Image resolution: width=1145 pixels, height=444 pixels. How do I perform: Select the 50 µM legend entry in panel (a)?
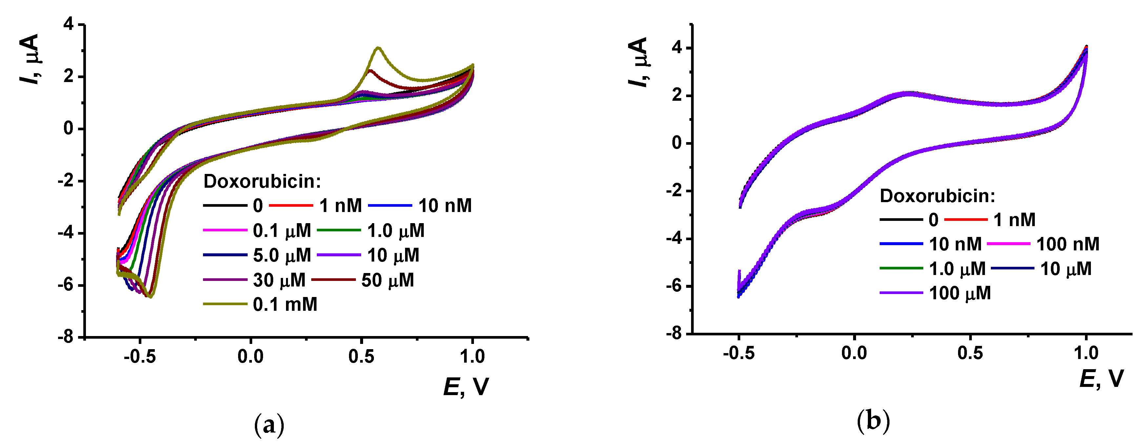387,280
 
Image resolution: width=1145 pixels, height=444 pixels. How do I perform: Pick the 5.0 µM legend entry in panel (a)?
281,255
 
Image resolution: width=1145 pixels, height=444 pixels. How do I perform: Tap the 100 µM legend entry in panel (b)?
960,293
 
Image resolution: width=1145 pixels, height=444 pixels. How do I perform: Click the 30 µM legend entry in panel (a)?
279,280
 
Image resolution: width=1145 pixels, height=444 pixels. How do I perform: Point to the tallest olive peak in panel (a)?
378,48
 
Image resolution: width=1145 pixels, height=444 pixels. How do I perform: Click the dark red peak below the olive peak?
370,70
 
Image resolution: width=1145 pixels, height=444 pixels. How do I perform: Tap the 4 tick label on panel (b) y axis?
677,48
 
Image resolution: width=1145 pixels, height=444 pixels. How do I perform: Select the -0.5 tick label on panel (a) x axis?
140,356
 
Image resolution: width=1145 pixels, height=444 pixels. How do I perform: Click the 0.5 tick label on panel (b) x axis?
970,353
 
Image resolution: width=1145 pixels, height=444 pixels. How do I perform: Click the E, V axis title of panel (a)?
466,386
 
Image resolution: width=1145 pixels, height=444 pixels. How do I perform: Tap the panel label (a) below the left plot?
269,425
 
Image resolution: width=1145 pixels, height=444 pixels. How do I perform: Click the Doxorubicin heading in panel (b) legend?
937,196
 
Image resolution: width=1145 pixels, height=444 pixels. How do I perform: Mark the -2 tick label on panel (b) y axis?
674,191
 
